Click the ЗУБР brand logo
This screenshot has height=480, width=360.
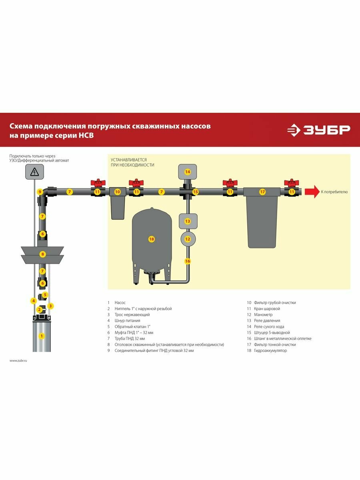[x=318, y=130]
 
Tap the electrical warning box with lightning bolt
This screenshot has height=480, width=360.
[x=34, y=172]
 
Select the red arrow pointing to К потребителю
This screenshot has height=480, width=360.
[x=311, y=192]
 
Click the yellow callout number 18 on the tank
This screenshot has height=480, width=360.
[x=151, y=239]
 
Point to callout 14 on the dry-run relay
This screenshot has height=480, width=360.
[x=187, y=172]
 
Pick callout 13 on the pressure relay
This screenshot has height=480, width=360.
[x=187, y=221]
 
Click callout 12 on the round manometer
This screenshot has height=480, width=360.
[x=187, y=239]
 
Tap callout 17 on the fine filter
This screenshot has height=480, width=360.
[x=262, y=192]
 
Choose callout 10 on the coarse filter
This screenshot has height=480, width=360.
[x=117, y=192]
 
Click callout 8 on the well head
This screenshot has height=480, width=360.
[x=43, y=254]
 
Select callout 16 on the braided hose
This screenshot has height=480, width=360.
[x=187, y=261]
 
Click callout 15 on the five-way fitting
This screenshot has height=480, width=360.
[x=195, y=192]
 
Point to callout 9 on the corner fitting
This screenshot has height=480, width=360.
[x=40, y=192]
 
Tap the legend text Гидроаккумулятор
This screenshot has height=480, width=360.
[x=270, y=351]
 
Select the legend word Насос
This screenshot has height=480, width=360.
[x=120, y=303]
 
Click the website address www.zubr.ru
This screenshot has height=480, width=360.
[x=18, y=360]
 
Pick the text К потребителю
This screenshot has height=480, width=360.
[x=334, y=192]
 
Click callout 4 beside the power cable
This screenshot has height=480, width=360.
[x=34, y=301]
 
